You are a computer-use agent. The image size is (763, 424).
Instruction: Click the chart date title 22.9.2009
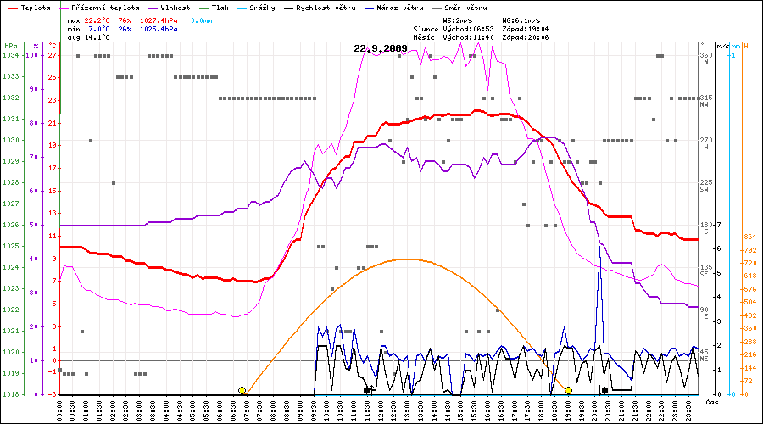coord(381,48)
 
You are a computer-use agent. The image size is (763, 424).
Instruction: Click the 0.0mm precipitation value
coord(201,19)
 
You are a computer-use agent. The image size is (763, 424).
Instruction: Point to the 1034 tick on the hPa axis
coord(10,55)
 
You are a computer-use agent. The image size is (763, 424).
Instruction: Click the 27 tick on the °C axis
coord(53,55)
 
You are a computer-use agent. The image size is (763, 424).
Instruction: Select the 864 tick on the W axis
coord(749,237)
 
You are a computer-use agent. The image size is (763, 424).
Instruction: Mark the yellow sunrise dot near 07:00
coord(242,390)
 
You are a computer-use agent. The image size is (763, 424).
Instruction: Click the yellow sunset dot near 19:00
coord(568,390)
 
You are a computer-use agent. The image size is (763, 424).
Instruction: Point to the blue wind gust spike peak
coord(599,247)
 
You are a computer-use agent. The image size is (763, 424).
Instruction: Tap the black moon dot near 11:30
coord(367,390)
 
